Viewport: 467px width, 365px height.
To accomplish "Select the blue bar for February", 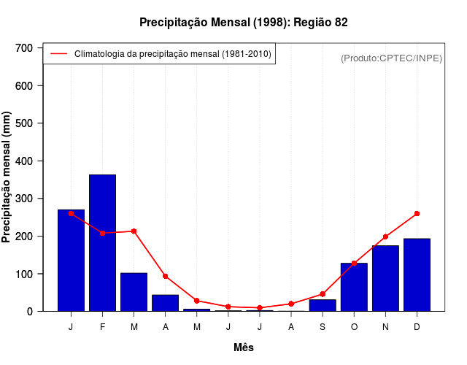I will [x=102, y=242].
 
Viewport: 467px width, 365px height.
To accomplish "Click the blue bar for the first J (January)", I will [x=71, y=260].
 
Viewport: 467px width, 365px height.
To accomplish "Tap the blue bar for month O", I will [x=354, y=287].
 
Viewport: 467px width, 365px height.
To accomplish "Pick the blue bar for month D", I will [x=417, y=274].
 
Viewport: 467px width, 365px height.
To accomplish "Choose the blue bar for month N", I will [x=385, y=278].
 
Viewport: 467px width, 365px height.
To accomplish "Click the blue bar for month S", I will [x=323, y=305].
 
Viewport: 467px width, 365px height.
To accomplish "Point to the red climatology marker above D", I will [x=417, y=214].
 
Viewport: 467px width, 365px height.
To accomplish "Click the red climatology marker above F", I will [x=102, y=233].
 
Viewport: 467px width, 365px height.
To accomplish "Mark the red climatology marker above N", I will [x=385, y=237].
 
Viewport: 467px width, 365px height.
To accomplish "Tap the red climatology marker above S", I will [x=323, y=294].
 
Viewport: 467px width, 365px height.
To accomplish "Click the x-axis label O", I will [x=354, y=327].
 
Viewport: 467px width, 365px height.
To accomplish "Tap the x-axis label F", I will [x=102, y=327].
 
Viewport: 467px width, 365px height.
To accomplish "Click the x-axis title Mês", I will [x=244, y=347].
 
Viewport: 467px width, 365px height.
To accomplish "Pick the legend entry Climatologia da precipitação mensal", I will [x=172, y=54].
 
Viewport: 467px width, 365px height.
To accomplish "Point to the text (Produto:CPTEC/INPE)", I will [x=391, y=58].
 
